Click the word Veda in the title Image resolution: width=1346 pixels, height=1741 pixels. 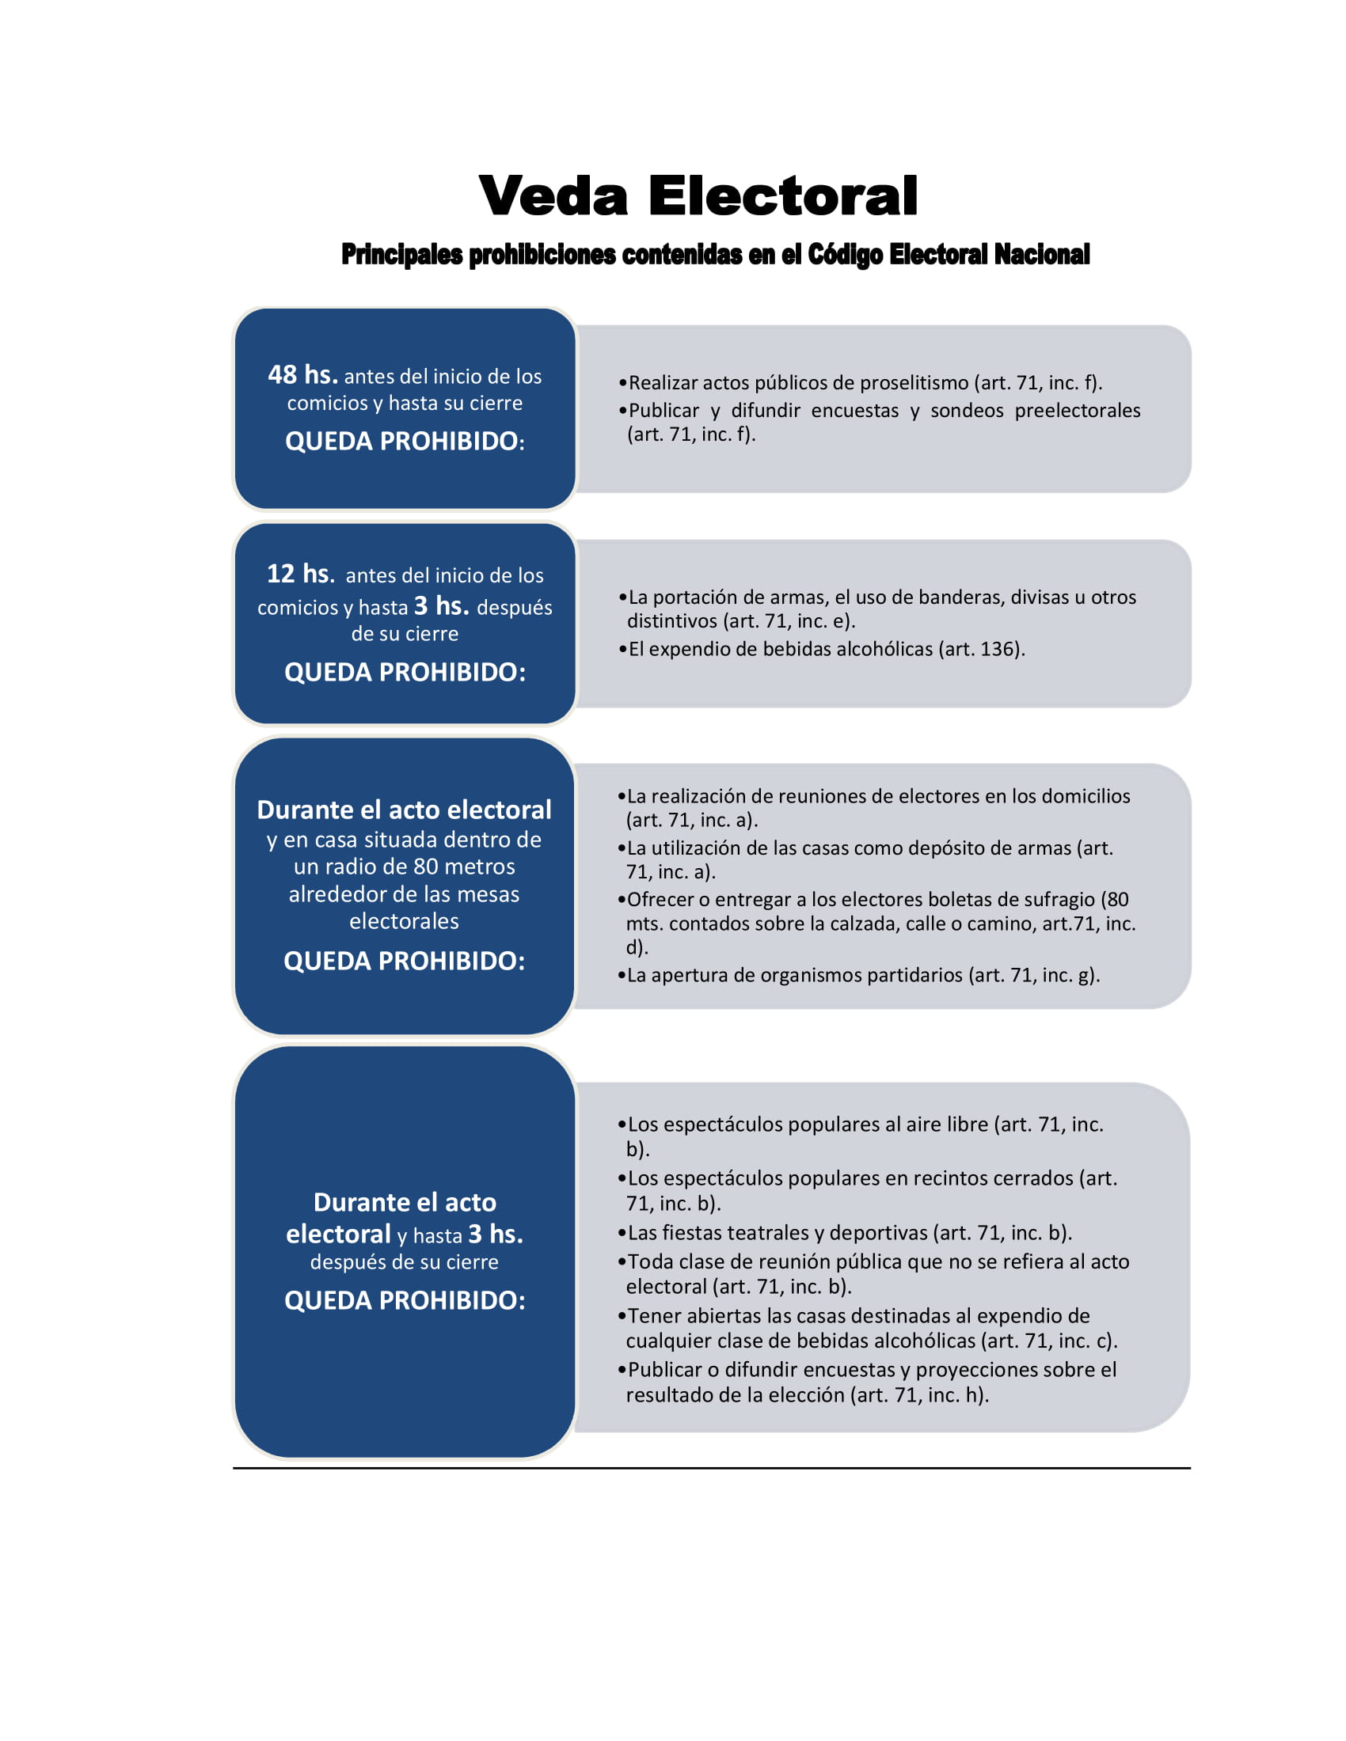pyautogui.click(x=553, y=196)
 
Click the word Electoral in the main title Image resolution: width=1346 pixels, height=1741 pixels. pyautogui.click(x=782, y=196)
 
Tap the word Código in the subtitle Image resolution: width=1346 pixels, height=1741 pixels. pyautogui.click(x=845, y=254)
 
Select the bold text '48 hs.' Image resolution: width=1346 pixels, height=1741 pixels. pyautogui.click(x=303, y=374)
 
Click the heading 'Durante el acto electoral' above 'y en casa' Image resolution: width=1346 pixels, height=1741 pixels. pyautogui.click(x=405, y=810)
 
